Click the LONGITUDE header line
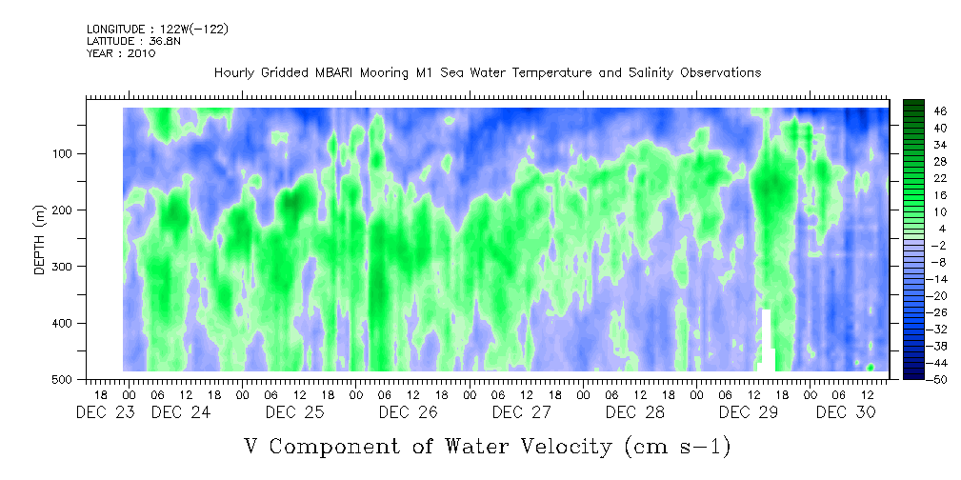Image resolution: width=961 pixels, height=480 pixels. tap(157, 29)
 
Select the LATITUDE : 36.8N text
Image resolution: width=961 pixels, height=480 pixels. tap(133, 41)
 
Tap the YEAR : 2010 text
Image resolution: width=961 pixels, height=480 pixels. tap(121, 53)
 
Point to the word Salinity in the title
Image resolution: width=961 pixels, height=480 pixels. tap(651, 73)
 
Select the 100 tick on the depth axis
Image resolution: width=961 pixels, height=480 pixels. tap(66, 153)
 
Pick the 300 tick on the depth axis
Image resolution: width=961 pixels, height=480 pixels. tap(66, 267)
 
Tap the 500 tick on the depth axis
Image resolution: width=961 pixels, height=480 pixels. tap(66, 379)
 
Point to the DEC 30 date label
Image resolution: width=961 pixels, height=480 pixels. tap(845, 412)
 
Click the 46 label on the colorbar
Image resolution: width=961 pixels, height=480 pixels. tap(941, 111)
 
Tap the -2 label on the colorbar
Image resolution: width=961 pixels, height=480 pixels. tap(939, 245)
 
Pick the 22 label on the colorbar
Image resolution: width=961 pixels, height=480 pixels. tap(941, 182)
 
